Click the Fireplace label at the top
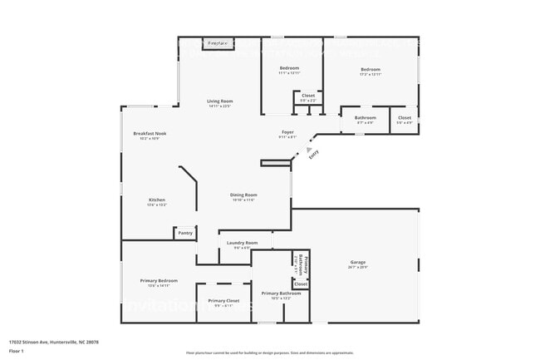pyautogui.click(x=218, y=42)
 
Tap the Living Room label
pyautogui.click(x=219, y=101)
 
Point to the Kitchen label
pyautogui.click(x=157, y=200)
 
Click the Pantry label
pyautogui.click(x=185, y=233)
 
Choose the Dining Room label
pyautogui.click(x=243, y=195)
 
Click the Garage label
pyautogui.click(x=357, y=263)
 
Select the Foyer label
pyautogui.click(x=287, y=132)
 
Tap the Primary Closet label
pyautogui.click(x=223, y=301)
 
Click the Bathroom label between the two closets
pyautogui.click(x=366, y=117)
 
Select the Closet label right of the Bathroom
pyautogui.click(x=405, y=117)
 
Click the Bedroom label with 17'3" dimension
pyautogui.click(x=371, y=69)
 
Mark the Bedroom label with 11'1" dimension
pyautogui.click(x=289, y=67)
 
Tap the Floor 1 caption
pyautogui.click(x=17, y=350)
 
